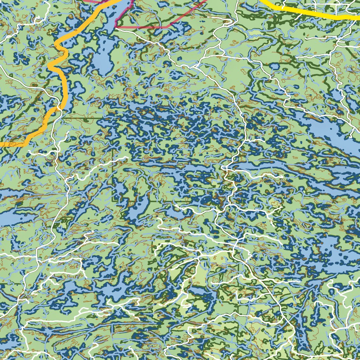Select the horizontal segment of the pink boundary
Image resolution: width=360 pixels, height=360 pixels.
pyautogui.click(x=141, y=27)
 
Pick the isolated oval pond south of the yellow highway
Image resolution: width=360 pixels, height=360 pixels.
pyautogui.click(x=274, y=66)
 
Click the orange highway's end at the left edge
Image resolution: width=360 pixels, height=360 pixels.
pyautogui.click(x=2, y=144)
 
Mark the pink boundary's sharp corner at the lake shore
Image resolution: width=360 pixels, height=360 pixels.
pyautogui.click(x=116, y=26)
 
